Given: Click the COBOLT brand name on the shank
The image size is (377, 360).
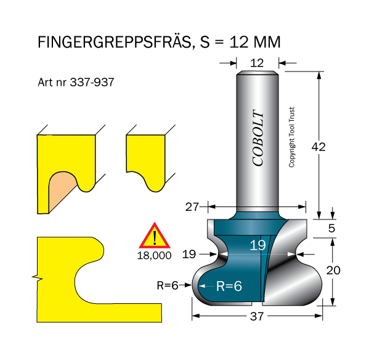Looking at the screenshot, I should [x=257, y=139].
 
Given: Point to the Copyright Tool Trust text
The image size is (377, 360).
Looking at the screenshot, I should [x=293, y=137].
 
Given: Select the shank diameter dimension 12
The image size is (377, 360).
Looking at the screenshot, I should [x=257, y=62].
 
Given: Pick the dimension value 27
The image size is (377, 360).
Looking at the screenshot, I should [x=193, y=207].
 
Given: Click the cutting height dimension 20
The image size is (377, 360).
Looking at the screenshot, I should [x=333, y=269].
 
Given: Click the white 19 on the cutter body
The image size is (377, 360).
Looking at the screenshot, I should [x=257, y=245].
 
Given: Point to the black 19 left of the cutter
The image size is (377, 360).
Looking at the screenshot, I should [x=188, y=253].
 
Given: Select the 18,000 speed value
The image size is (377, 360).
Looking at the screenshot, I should [x=153, y=255].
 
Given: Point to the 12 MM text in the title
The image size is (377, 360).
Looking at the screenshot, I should [x=254, y=42].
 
